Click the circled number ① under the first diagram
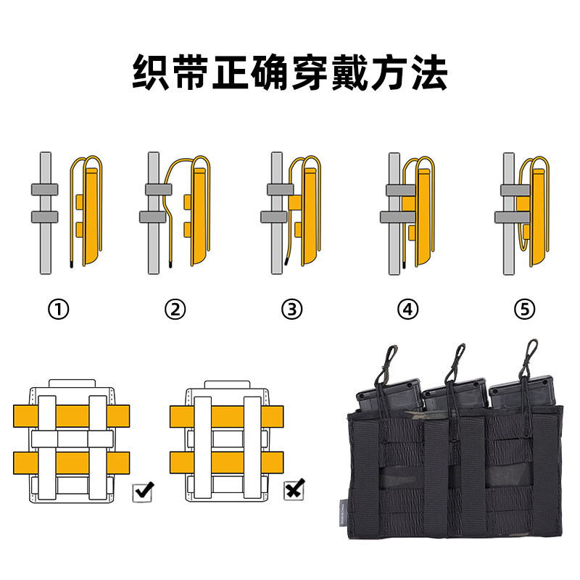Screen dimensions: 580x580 tap(59, 310)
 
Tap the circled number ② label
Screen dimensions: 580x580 tap(175, 310)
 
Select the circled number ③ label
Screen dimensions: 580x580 tap(291, 310)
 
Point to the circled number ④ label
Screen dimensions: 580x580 tap(408, 310)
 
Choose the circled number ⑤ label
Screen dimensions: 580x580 tap(524, 310)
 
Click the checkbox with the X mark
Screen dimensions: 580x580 tap(294, 491)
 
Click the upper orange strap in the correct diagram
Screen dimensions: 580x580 tap(70, 415)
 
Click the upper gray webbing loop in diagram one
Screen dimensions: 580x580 tap(44, 190)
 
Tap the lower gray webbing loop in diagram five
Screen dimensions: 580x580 tap(510, 216)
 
